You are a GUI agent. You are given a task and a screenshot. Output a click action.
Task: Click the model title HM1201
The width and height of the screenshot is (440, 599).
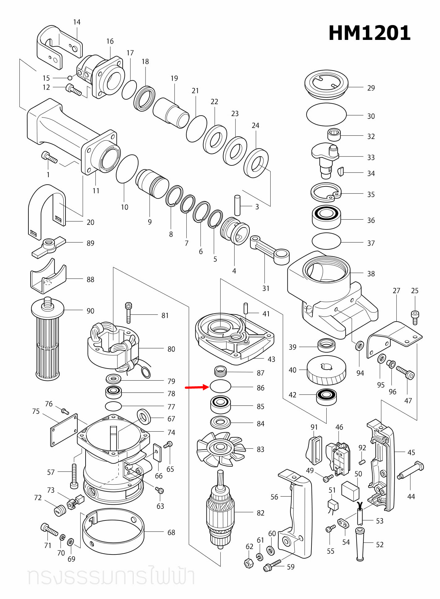[369, 33]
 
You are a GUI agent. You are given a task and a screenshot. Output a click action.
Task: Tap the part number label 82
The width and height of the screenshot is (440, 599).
[260, 513]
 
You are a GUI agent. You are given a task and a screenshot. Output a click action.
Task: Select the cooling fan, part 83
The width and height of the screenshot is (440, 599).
[221, 449]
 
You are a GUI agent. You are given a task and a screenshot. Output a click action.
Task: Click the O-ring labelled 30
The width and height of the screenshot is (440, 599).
[326, 114]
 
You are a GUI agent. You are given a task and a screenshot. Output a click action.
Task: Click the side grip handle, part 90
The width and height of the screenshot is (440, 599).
[48, 340]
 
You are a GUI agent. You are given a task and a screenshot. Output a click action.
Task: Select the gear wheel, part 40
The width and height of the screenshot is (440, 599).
[326, 370]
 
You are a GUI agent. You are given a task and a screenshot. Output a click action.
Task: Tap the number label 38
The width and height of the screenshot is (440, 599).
[371, 274]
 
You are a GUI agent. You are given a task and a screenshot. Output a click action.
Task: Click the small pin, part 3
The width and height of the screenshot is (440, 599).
[237, 205]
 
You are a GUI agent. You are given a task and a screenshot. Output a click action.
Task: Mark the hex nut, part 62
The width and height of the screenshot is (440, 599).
[249, 563]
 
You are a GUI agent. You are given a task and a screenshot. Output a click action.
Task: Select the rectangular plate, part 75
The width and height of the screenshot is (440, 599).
[64, 430]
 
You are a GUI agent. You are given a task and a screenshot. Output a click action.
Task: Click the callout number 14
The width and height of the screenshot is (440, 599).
[77, 22]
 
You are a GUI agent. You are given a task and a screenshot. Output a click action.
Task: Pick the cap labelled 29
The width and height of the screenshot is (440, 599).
[326, 83]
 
